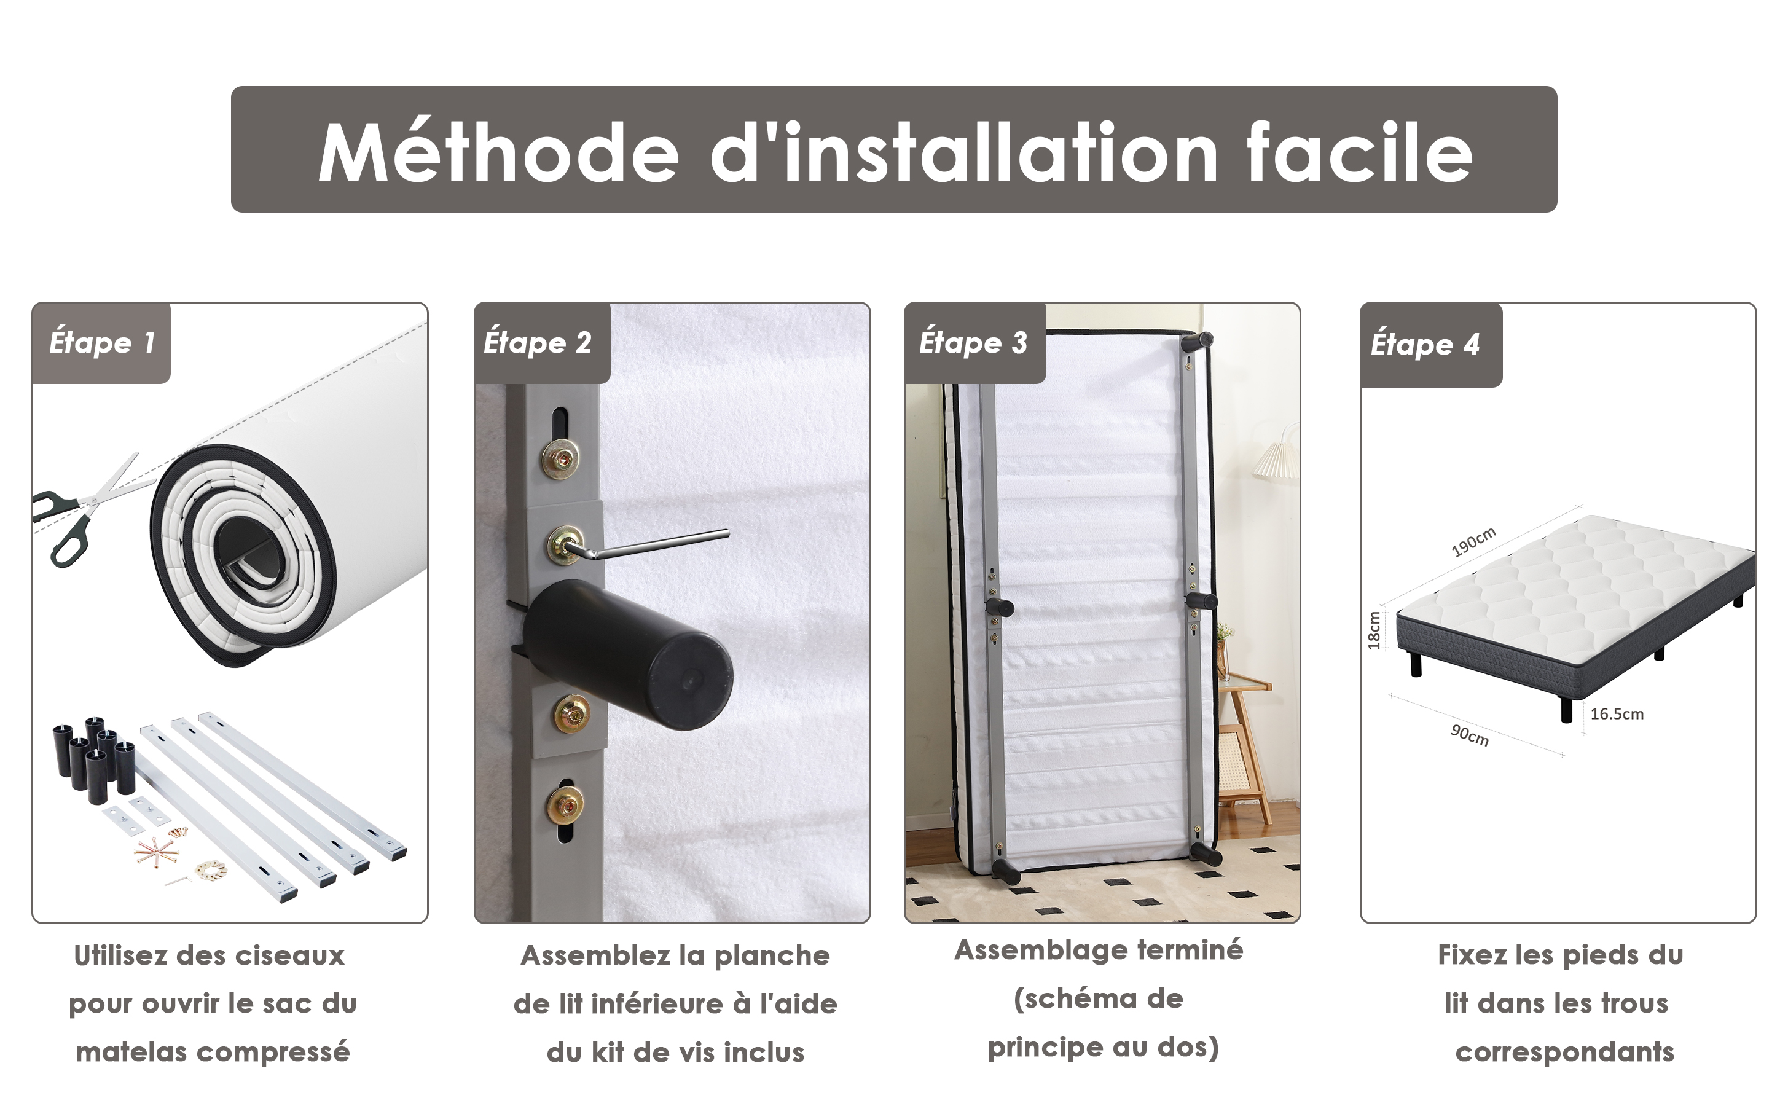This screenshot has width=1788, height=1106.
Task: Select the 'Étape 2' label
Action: click(x=538, y=343)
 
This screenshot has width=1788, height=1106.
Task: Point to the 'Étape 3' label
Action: click(x=973, y=343)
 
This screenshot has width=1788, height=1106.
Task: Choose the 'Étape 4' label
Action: click(x=1425, y=345)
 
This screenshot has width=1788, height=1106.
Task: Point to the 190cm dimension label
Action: click(x=1473, y=542)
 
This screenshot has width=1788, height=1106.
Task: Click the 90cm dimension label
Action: click(x=1470, y=734)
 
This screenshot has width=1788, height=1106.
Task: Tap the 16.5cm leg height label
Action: click(x=1617, y=714)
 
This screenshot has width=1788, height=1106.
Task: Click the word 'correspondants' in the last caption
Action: click(x=1565, y=1053)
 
